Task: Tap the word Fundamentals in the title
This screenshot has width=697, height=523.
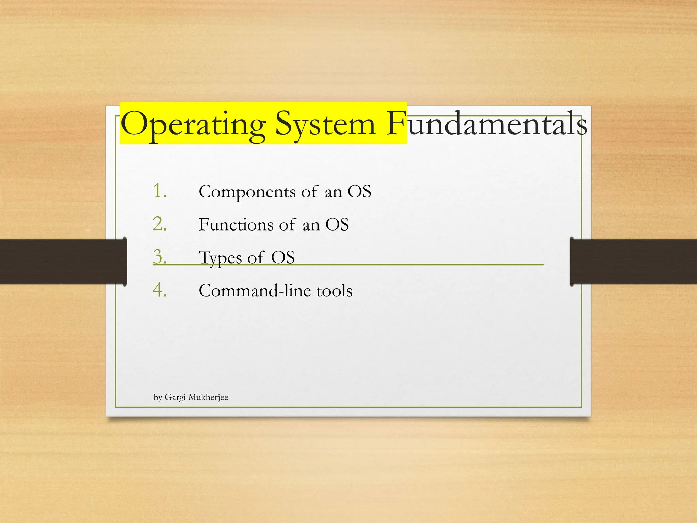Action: click(x=487, y=124)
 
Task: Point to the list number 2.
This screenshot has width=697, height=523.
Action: click(x=160, y=224)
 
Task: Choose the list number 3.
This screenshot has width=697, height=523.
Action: click(x=160, y=257)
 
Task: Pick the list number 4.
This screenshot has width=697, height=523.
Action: click(x=160, y=290)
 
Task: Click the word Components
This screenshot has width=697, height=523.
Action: click(x=247, y=192)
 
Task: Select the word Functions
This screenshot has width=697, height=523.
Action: click(x=236, y=225)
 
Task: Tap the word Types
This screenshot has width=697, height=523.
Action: click(x=220, y=258)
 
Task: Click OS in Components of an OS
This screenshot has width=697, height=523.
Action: click(x=359, y=191)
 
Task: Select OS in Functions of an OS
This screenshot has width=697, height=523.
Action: click(x=337, y=225)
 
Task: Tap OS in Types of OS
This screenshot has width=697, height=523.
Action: click(x=283, y=257)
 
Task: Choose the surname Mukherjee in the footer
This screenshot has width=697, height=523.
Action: click(x=208, y=397)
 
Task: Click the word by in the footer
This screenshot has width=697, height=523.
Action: click(x=158, y=398)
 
